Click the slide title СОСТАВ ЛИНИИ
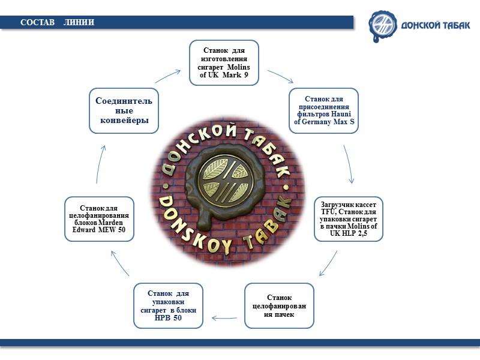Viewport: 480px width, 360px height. click(x=57, y=22)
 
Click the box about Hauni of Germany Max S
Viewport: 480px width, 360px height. click(x=324, y=110)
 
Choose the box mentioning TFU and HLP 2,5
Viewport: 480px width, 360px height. click(x=349, y=219)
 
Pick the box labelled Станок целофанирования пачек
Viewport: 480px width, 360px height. click(x=279, y=306)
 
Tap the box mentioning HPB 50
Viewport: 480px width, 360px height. click(x=169, y=305)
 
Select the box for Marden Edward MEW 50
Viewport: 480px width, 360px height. click(x=99, y=219)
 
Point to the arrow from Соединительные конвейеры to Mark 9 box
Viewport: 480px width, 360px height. click(x=167, y=76)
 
